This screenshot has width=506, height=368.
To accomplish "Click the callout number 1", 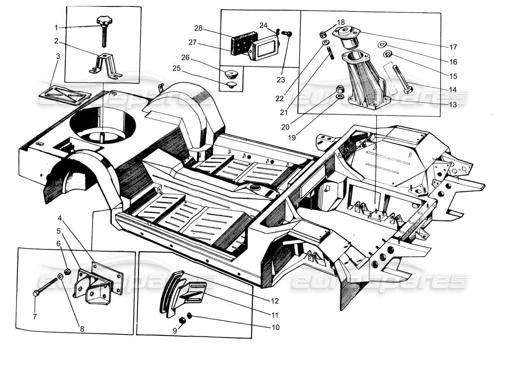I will [56, 28].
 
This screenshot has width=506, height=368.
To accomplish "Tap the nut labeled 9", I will [182, 320].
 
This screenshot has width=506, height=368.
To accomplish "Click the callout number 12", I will [274, 301].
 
